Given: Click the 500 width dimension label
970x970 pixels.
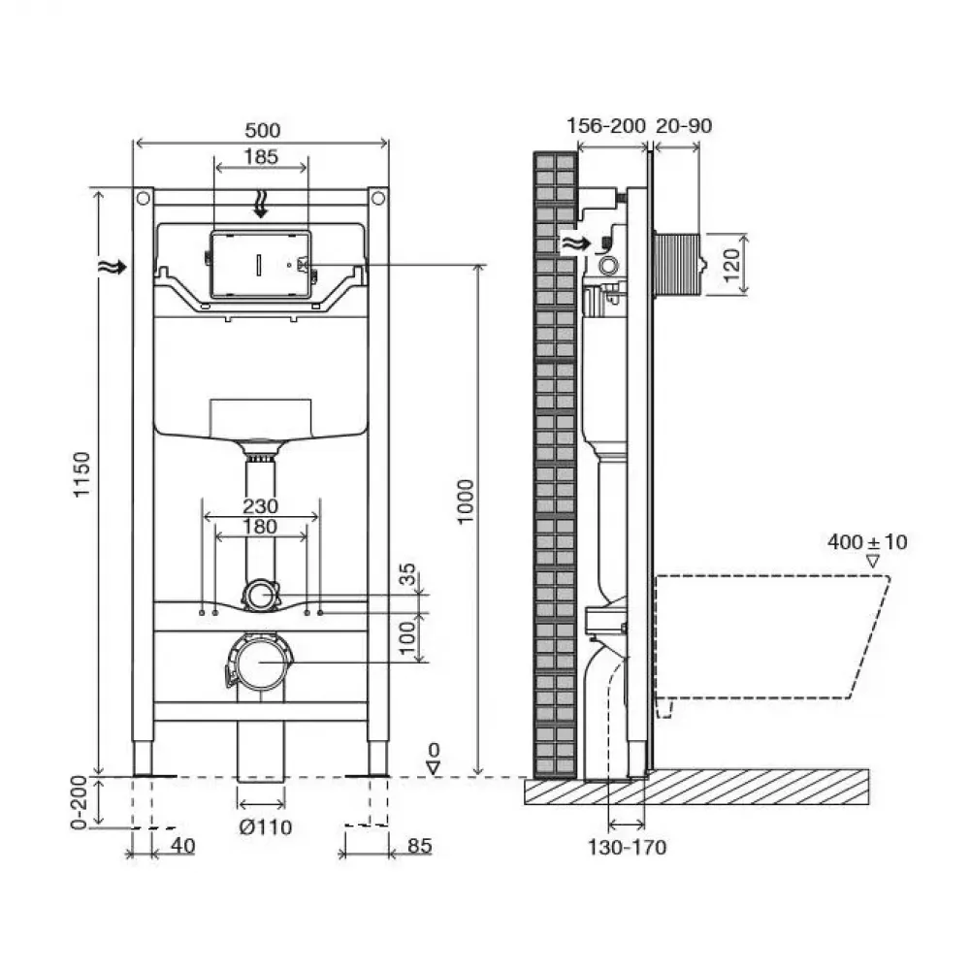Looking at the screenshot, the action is pyautogui.click(x=262, y=131).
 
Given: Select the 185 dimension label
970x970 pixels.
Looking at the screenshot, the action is pyautogui.click(x=260, y=156).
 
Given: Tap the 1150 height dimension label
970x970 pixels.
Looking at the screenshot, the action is pyautogui.click(x=82, y=474).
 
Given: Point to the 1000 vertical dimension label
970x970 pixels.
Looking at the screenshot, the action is pyautogui.click(x=466, y=501).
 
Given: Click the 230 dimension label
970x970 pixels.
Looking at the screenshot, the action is pyautogui.click(x=260, y=506).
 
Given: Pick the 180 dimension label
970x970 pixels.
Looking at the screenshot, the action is pyautogui.click(x=260, y=527).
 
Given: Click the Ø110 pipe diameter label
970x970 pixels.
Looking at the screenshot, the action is pyautogui.click(x=266, y=827).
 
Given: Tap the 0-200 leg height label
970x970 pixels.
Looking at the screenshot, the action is pyautogui.click(x=79, y=802).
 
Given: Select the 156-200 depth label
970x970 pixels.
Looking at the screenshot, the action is pyautogui.click(x=606, y=125).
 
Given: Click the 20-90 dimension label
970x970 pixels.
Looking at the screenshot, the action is pyautogui.click(x=684, y=125).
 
